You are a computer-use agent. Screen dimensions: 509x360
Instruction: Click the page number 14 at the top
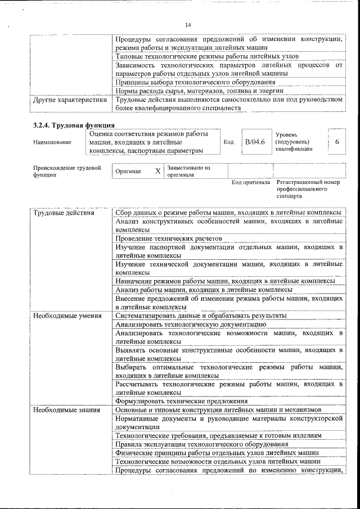point(188,25)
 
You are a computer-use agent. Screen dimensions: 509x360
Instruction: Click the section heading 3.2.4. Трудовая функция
point(74,125)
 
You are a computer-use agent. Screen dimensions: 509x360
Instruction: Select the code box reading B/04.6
point(254,142)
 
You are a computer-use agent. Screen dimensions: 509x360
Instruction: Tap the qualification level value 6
point(336,142)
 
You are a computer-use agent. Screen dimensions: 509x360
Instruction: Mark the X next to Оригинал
point(157,171)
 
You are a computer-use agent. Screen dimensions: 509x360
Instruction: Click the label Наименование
point(52,142)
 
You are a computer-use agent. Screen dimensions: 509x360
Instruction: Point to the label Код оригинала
point(250,183)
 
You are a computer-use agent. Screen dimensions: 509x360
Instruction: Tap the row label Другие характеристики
point(70,100)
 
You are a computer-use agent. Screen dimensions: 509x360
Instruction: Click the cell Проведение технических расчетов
point(169,238)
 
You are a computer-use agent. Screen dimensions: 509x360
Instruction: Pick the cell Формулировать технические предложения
point(181,401)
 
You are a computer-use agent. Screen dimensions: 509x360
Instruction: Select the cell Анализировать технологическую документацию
point(190,324)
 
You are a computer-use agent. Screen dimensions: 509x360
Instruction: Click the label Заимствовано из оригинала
point(188,171)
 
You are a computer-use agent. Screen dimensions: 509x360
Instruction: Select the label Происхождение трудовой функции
point(66,171)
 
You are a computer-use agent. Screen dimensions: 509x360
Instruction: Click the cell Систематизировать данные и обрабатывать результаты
point(201,316)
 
